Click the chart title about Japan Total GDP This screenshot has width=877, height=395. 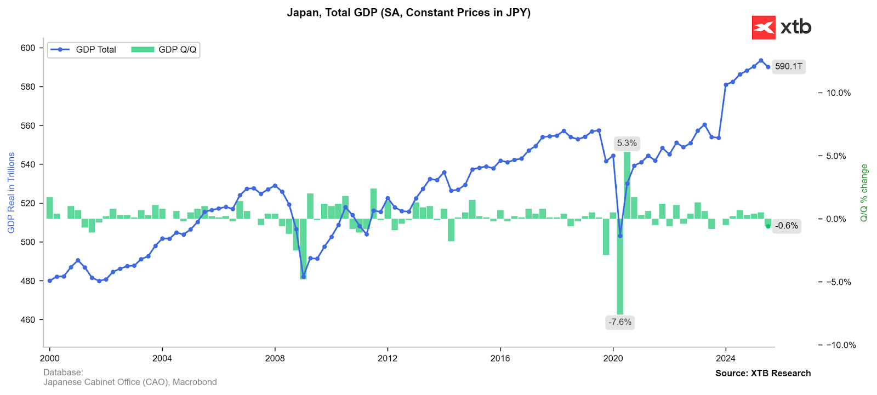408,13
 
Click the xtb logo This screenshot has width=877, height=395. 781,27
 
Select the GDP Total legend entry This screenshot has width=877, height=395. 83,50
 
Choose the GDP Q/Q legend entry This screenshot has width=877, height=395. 164,50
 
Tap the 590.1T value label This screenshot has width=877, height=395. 788,67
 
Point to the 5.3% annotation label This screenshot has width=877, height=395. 627,144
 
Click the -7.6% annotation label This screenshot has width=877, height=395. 619,322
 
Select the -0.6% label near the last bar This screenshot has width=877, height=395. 786,226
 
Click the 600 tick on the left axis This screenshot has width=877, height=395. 28,48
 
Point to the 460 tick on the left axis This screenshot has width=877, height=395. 28,320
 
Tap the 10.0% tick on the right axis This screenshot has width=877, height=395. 838,93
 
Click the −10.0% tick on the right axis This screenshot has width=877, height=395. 840,345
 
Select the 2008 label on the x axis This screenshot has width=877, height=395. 275,358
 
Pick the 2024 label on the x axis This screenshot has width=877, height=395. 726,358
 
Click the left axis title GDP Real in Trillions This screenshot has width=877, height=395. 12,193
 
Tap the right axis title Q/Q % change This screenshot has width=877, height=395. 864,193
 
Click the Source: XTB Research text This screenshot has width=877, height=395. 762,373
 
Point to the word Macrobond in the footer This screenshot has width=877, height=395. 195,382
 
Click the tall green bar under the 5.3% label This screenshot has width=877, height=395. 627,186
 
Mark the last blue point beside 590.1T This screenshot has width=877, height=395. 768,67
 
